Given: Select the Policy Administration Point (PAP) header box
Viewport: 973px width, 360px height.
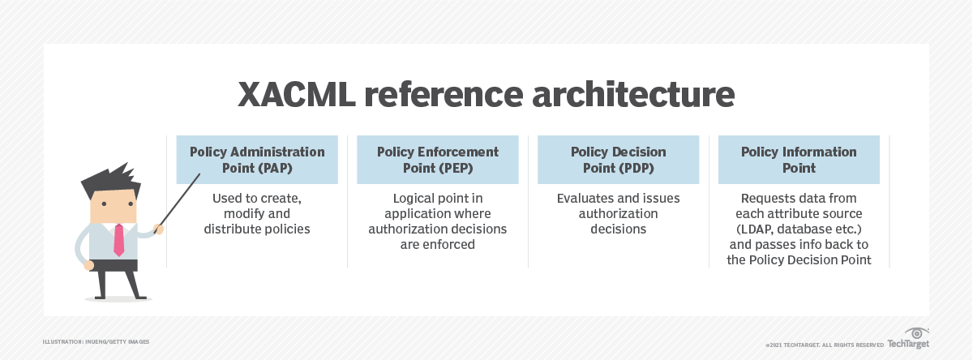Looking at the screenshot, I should click(257, 160).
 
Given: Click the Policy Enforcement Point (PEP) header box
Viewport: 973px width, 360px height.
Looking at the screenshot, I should click(438, 160).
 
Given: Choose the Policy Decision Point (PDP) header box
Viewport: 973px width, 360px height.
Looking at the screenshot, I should click(618, 160).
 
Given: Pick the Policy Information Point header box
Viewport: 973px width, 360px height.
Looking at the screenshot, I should click(799, 160).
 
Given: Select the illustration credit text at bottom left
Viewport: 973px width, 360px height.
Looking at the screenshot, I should click(96, 342).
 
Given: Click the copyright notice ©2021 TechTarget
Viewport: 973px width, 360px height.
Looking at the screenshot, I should click(823, 345).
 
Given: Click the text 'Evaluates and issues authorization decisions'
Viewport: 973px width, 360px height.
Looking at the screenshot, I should click(618, 213).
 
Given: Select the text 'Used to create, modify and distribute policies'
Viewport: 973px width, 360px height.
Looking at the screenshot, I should click(257, 213).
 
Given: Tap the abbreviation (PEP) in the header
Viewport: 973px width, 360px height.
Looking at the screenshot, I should click(456, 168).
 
